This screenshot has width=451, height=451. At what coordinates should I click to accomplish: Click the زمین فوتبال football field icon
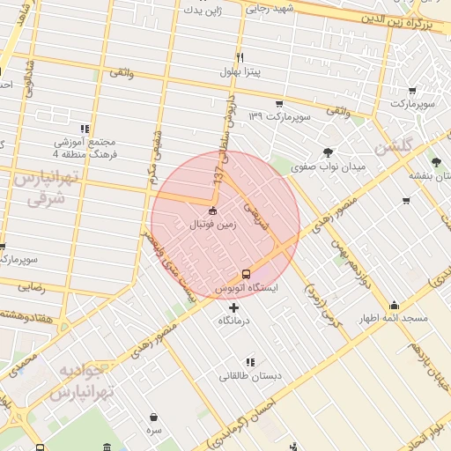(x=212, y=211)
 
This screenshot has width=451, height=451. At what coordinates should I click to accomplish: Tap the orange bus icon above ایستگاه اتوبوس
(x=246, y=273)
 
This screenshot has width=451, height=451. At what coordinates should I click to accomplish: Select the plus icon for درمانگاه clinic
(x=233, y=307)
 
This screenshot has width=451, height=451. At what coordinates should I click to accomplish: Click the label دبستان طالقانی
(x=251, y=377)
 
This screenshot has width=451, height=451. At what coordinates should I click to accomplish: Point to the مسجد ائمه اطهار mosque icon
(x=393, y=305)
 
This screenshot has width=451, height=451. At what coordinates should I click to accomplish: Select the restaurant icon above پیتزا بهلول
(x=239, y=55)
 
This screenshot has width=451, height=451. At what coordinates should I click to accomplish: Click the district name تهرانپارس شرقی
(x=47, y=188)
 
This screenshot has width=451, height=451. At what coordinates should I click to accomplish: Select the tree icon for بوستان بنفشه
(x=436, y=161)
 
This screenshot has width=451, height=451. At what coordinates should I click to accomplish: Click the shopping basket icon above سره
(x=154, y=418)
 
